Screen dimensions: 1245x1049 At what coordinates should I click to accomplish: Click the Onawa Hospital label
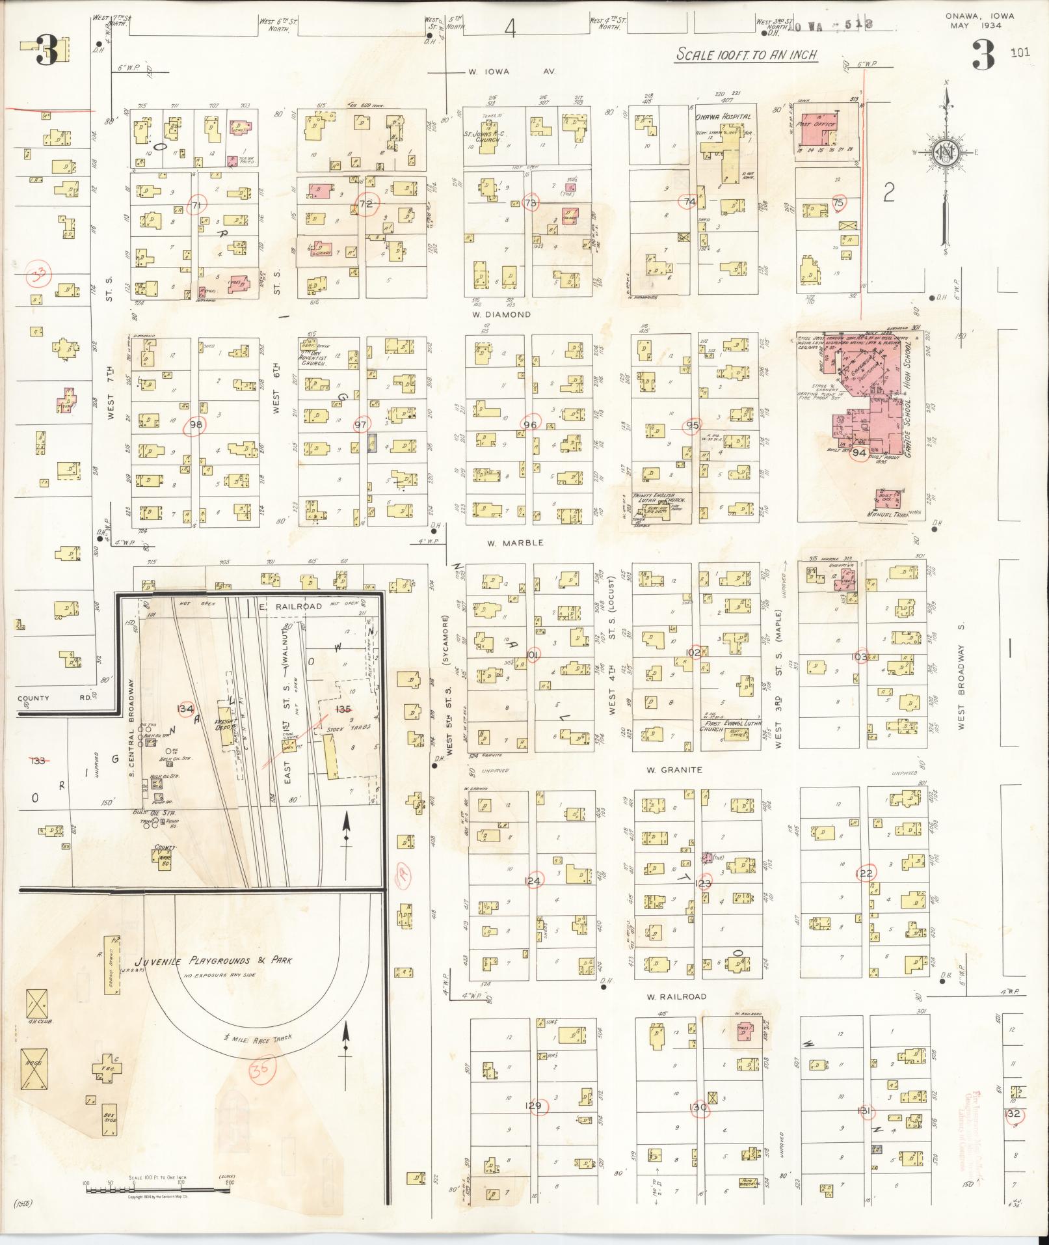tap(723, 116)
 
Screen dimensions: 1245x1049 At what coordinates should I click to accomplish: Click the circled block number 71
tap(194, 206)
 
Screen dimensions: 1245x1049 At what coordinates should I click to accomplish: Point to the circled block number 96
tap(530, 424)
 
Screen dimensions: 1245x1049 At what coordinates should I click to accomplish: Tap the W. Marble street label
tap(514, 542)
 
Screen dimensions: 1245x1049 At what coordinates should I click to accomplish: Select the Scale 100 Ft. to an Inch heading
tap(746, 55)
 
